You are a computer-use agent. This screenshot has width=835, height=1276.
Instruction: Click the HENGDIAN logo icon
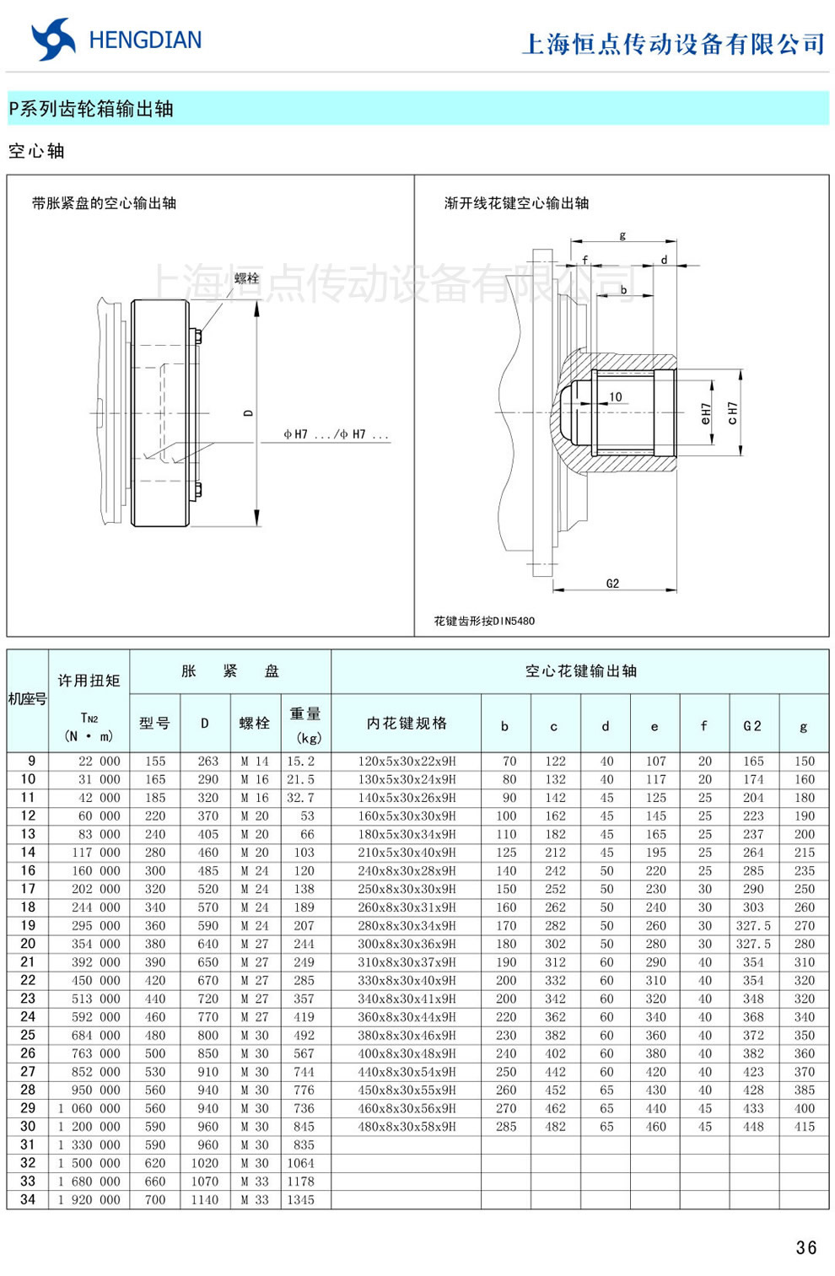(x=52, y=39)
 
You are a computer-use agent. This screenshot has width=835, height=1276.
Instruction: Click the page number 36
(x=805, y=1247)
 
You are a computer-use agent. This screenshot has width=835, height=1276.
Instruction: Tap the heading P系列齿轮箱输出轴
(x=91, y=109)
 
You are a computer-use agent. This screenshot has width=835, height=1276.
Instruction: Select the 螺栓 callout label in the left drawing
(x=246, y=278)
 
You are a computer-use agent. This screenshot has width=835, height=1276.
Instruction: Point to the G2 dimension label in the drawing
(x=612, y=583)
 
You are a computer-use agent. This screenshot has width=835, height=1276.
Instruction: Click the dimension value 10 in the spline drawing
(x=616, y=396)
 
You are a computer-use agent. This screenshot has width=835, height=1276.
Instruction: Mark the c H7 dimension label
(x=732, y=413)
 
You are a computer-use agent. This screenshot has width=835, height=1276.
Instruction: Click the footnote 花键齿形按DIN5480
(x=484, y=621)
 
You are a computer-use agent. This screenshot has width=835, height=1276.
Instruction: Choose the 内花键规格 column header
(x=407, y=724)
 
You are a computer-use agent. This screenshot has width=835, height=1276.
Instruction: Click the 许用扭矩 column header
(x=89, y=681)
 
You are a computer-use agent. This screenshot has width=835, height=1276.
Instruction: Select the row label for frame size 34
(x=28, y=1199)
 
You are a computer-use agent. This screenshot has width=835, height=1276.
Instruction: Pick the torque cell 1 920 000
(x=89, y=1199)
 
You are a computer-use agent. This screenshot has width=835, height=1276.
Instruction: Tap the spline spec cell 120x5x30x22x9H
(x=407, y=761)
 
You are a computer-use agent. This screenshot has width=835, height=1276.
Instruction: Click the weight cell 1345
(x=300, y=1199)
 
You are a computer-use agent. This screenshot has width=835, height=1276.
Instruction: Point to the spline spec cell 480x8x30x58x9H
(x=407, y=1127)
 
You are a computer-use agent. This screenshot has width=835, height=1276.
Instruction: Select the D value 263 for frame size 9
(x=207, y=761)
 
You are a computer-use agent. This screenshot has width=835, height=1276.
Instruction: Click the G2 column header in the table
(x=752, y=725)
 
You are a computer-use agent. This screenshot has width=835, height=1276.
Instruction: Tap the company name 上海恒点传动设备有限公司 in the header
(x=673, y=44)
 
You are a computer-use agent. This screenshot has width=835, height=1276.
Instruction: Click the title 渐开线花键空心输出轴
(x=516, y=203)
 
